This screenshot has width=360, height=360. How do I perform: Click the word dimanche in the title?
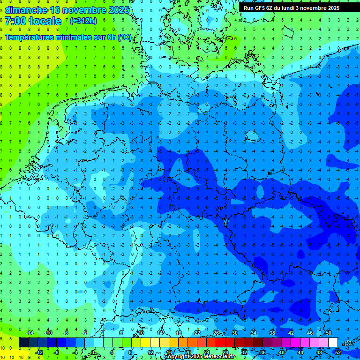coord(26,10)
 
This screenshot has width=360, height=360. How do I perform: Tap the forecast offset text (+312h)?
coord(83,21)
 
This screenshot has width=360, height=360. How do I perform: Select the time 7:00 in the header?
coord(15,21)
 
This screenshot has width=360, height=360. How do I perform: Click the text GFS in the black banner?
coord(261,8)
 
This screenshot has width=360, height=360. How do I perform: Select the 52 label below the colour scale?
coord(338,352)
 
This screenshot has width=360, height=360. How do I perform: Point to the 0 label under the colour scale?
coord(92,352)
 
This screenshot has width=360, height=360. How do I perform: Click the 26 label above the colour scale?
coord(216,333)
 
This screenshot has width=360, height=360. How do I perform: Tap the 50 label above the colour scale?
coord(328,333)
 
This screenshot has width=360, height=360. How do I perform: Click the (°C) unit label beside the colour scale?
coord(348,343)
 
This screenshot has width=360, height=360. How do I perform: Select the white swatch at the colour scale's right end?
coord(333,343)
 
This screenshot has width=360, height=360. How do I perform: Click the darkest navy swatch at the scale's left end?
coord(23,343)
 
